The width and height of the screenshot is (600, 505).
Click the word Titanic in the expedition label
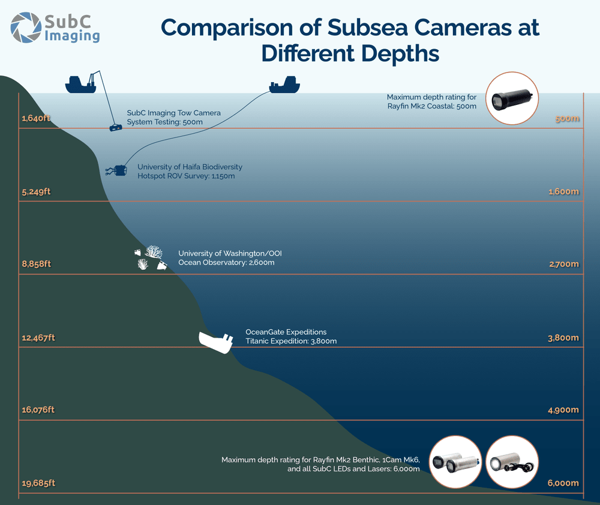tap(259, 341)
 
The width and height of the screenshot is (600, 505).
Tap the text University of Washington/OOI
tap(230, 254)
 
